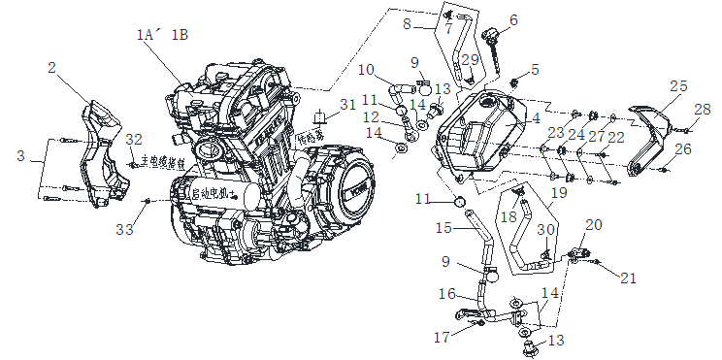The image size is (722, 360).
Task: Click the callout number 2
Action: (52, 68)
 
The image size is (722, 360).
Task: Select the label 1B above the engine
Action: (180, 35)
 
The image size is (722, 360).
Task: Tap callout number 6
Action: (513, 18)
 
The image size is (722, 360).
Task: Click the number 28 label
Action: (703, 108)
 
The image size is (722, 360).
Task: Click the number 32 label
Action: (134, 139)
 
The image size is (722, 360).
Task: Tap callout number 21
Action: (629, 278)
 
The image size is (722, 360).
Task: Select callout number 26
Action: (683, 149)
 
